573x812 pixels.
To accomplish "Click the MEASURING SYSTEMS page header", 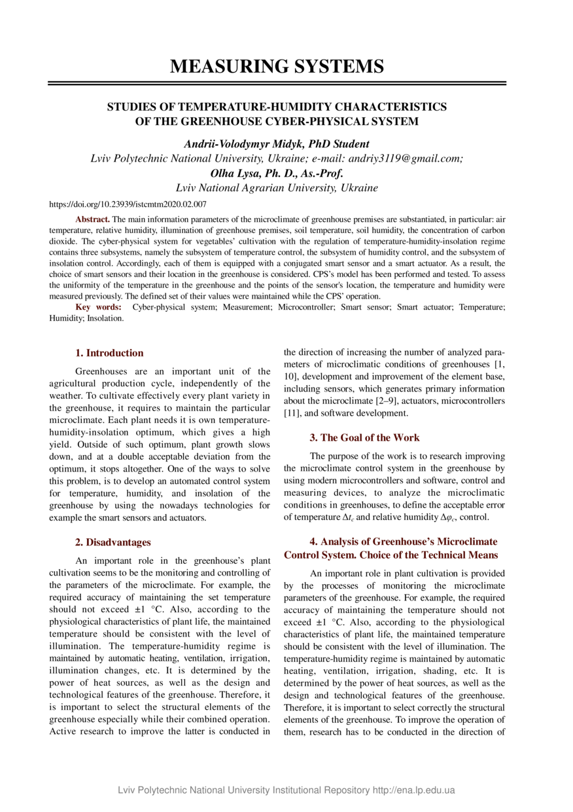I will click(277, 66).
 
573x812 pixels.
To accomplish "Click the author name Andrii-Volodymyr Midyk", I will click(239, 143).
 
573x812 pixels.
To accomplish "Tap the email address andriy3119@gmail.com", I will click(413, 158).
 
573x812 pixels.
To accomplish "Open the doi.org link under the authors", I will click(128, 205).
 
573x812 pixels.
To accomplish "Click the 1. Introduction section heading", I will click(109, 353).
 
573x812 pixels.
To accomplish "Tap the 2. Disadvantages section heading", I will click(113, 542).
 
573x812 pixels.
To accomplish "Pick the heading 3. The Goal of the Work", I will click(365, 437).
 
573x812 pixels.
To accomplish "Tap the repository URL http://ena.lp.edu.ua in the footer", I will click(413, 790).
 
